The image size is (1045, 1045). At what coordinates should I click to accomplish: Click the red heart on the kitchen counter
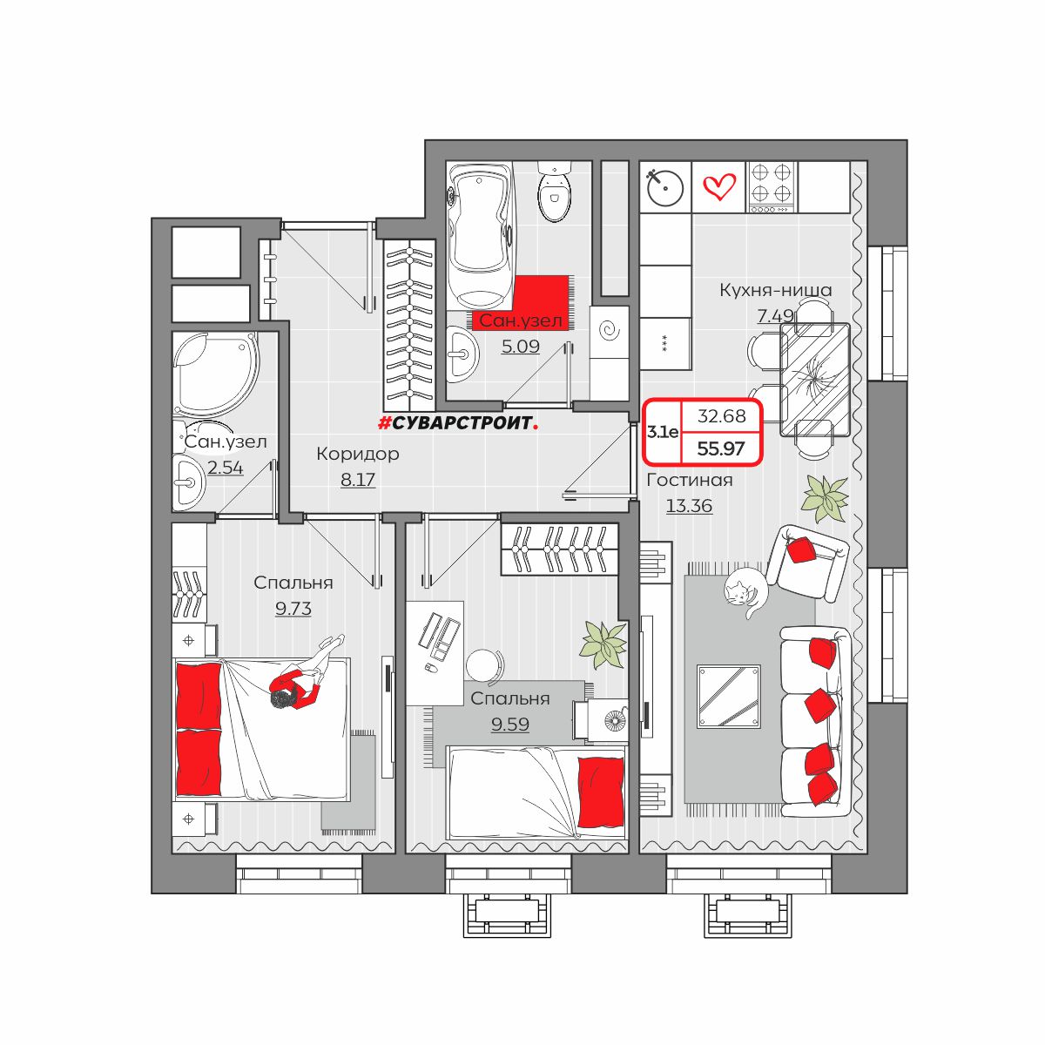[x=719, y=186]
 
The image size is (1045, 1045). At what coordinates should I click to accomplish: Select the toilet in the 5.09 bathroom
[x=554, y=191]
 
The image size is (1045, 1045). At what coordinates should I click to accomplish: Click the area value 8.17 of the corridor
[x=357, y=480]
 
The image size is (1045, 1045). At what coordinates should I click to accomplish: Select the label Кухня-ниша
[x=776, y=290]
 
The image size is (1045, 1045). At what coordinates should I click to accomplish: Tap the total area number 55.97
[x=721, y=449]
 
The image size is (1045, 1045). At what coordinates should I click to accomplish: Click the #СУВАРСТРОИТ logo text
[x=458, y=423]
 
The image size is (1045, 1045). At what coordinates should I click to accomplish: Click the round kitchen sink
[x=664, y=187]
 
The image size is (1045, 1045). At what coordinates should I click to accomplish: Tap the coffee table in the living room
[x=728, y=697]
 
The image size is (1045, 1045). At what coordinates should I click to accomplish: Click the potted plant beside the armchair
[x=825, y=497]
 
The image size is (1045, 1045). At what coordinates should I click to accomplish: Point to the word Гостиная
[x=689, y=481]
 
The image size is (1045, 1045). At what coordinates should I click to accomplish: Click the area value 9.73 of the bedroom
[x=293, y=609]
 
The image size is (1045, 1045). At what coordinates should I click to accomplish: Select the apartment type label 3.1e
[x=662, y=432]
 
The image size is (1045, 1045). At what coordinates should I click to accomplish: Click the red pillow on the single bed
[x=600, y=792]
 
